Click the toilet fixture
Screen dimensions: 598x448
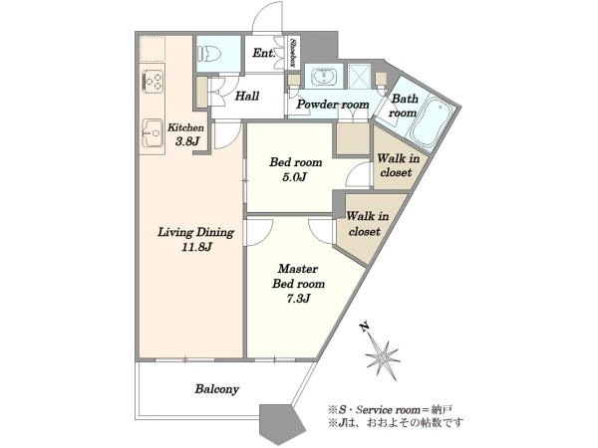[x=207, y=54]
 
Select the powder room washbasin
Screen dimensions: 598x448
[x=324, y=77]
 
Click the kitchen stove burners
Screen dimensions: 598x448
[x=152, y=81]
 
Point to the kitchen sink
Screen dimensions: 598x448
[x=152, y=133]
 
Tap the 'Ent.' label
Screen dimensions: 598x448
[x=263, y=53]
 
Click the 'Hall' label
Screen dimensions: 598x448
[x=247, y=96]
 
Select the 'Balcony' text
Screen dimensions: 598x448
[x=217, y=389]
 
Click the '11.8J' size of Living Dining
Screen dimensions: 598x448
[x=196, y=247]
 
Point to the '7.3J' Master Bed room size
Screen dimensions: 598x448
[x=298, y=299]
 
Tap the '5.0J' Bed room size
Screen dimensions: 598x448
[x=295, y=177]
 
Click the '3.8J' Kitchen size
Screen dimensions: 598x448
[x=187, y=141]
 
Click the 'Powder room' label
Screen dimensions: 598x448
[x=333, y=105]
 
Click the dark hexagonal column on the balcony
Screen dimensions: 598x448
[x=283, y=424]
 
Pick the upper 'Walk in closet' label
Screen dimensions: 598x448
[x=398, y=165]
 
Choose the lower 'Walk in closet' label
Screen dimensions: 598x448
[x=367, y=224]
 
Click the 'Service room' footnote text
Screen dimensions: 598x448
[x=388, y=410]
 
